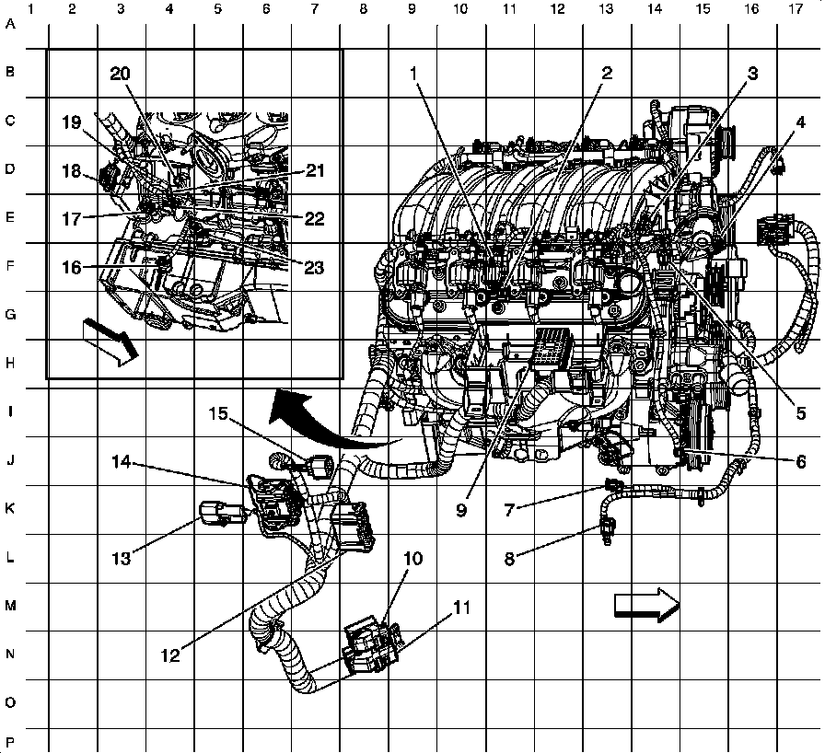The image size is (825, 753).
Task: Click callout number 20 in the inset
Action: tap(120, 74)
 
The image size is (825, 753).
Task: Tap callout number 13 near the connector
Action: tap(121, 558)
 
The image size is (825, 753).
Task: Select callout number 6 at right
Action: tap(800, 461)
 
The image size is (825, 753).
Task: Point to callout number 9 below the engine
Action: tap(461, 510)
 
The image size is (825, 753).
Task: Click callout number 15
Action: tap(218, 413)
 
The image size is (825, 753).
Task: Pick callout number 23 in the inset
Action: tap(314, 268)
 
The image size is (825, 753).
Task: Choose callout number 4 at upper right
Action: tap(800, 122)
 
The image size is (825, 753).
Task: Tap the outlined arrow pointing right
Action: tap(647, 605)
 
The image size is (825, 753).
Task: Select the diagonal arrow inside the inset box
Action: tap(111, 342)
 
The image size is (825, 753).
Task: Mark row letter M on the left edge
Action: tap(10, 606)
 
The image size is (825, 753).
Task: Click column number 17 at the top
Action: tap(796, 9)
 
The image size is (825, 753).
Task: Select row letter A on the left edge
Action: tap(10, 24)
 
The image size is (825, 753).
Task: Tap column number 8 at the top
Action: tap(363, 9)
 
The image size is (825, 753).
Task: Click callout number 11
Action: tap(461, 608)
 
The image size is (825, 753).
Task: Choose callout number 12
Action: tap(170, 655)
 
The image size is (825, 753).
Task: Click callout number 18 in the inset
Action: tap(72, 171)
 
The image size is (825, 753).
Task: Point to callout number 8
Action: tap(509, 559)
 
